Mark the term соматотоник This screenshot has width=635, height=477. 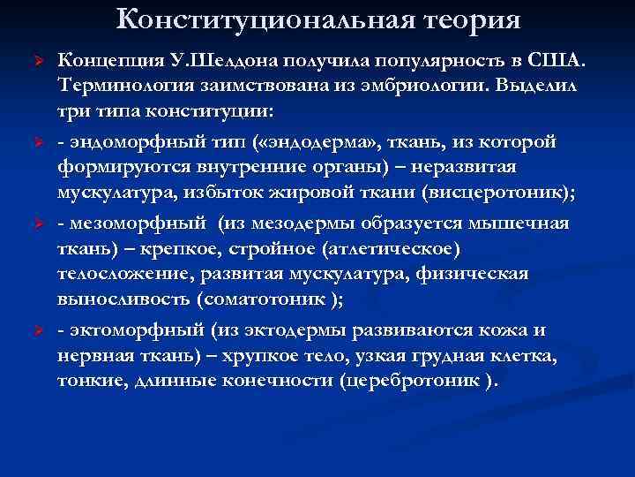tap(265, 299)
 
